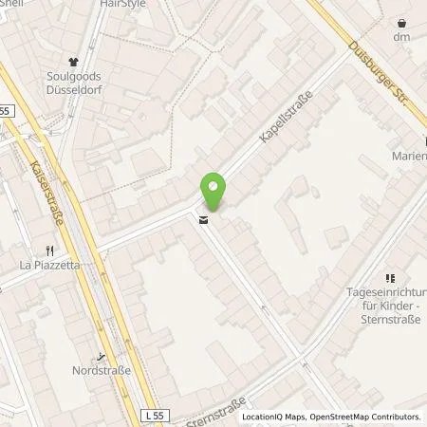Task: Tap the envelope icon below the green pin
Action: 202,222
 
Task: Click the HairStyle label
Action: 121,4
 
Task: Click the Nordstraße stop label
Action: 101,371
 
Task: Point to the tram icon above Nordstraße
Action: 102,357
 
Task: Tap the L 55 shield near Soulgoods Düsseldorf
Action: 7,111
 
